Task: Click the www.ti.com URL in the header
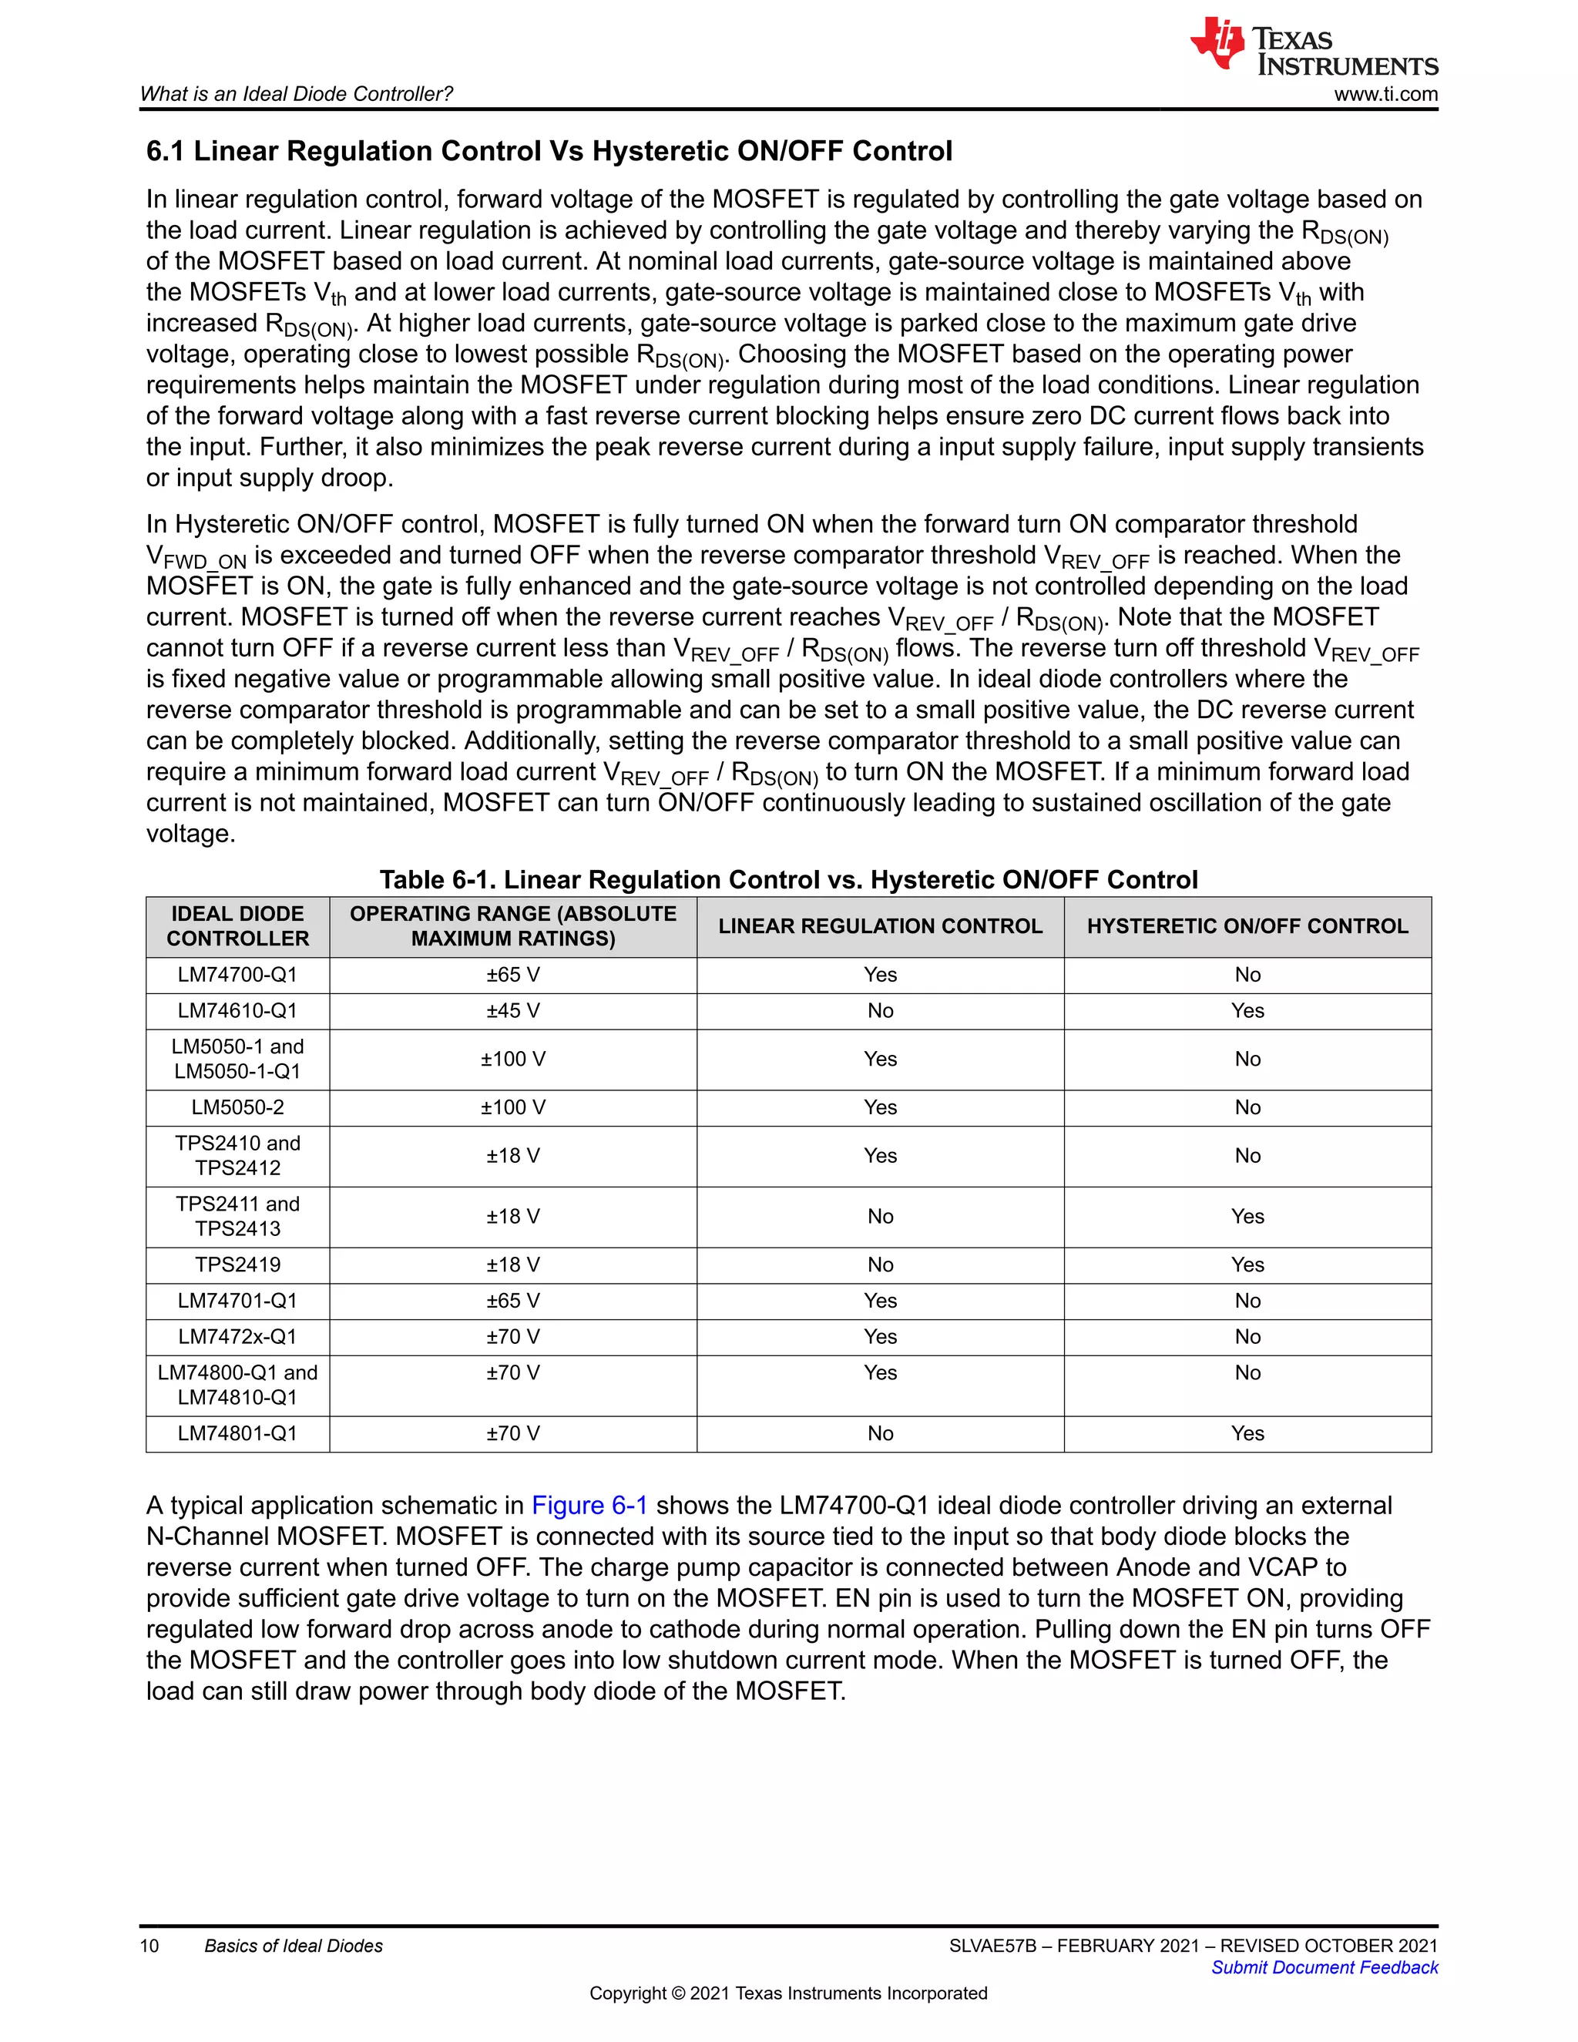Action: pos(1385,95)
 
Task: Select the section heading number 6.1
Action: pos(166,152)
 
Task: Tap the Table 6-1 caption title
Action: pos(788,880)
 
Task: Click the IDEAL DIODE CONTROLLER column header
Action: pos(237,926)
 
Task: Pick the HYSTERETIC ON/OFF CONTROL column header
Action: pos(1247,926)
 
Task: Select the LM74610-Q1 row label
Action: pos(237,1011)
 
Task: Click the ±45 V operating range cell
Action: pos(512,1011)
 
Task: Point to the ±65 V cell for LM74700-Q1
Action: pos(512,976)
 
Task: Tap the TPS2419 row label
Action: pos(237,1265)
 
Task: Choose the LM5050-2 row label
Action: pos(237,1108)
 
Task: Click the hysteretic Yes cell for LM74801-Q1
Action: pos(1247,1433)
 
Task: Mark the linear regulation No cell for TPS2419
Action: pos(880,1265)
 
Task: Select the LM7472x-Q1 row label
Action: pos(237,1337)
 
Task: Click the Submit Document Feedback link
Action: pos(1324,1967)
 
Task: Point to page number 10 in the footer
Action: pos(149,1946)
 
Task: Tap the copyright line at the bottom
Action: pos(788,1993)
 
